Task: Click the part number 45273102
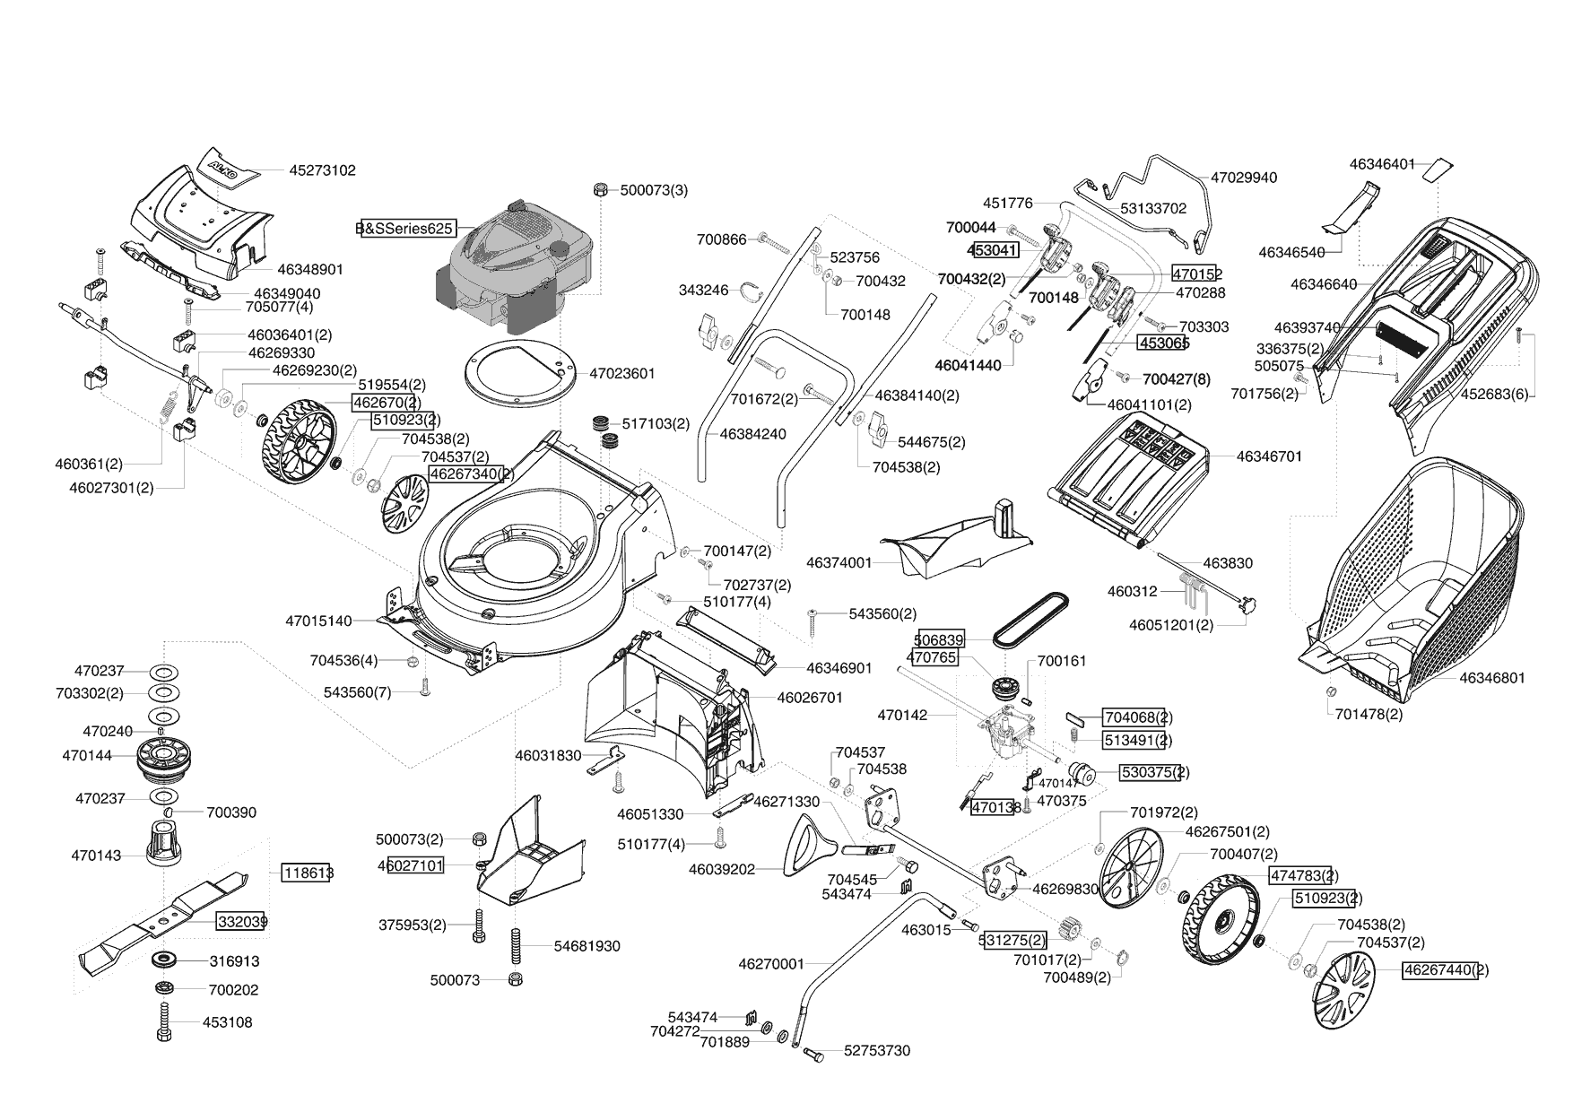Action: point(322,169)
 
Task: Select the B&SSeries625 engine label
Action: point(404,229)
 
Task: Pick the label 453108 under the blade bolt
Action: point(227,1022)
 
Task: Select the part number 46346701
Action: point(1269,456)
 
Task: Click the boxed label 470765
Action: point(933,657)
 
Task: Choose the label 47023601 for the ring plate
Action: point(622,374)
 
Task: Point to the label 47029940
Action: point(1244,178)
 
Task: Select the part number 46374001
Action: point(839,563)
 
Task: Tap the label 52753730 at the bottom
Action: point(876,1050)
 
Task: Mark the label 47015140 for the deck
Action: point(318,621)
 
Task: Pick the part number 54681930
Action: point(587,946)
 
